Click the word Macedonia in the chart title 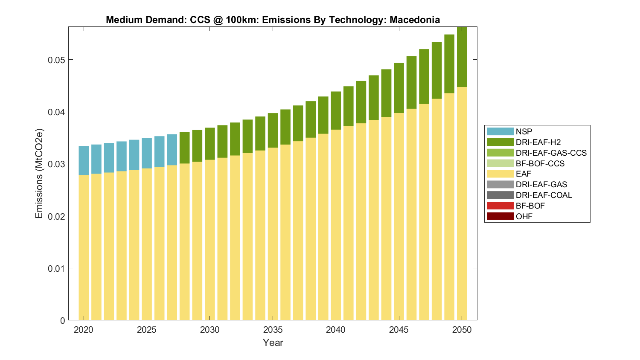[414, 20]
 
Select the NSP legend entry [524, 131]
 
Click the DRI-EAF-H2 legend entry [538, 142]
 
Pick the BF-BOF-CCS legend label [540, 163]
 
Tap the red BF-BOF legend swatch [500, 206]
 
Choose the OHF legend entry [524, 216]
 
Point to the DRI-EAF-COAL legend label [544, 195]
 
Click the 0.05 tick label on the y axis [56, 60]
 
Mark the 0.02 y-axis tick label [56, 216]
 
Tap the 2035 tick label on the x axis [273, 330]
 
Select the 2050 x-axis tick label [462, 330]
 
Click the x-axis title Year [273, 343]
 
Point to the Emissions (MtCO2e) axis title [39, 173]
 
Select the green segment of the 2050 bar [462, 58]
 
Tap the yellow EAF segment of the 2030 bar [209, 239]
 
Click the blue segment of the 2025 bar [147, 153]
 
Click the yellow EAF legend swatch [500, 174]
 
